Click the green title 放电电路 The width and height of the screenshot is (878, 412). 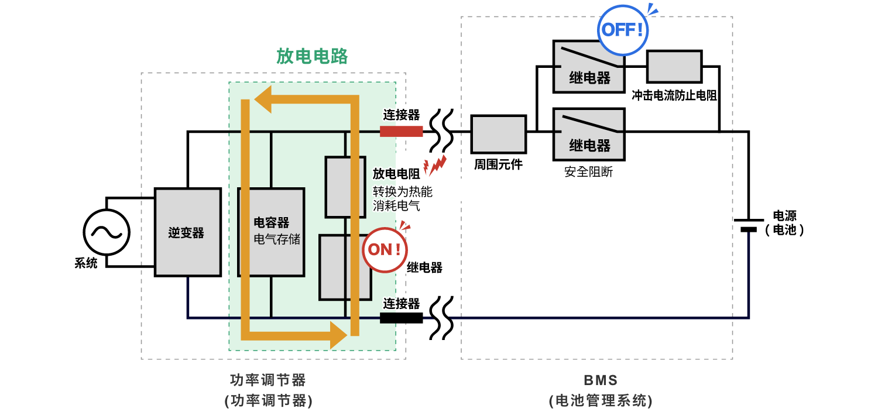(x=312, y=56)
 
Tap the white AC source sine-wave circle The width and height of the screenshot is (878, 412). (x=107, y=232)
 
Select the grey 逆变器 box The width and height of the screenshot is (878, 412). (x=187, y=232)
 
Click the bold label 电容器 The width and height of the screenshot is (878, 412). (x=271, y=223)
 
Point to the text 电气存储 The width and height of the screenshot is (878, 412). (x=277, y=239)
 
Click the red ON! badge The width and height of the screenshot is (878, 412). (x=384, y=250)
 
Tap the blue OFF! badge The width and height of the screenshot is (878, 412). (x=623, y=30)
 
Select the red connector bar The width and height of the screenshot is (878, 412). (x=401, y=131)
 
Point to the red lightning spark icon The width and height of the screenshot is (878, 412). (x=436, y=166)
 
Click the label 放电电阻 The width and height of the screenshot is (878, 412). (x=397, y=174)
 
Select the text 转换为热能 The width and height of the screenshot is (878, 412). (x=403, y=191)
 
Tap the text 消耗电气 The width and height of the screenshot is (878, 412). (x=397, y=206)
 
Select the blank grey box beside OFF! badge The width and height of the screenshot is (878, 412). (x=674, y=67)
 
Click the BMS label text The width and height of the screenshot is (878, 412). (x=601, y=380)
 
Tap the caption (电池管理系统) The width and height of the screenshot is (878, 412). (x=601, y=401)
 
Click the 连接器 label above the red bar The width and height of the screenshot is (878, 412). (x=402, y=115)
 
